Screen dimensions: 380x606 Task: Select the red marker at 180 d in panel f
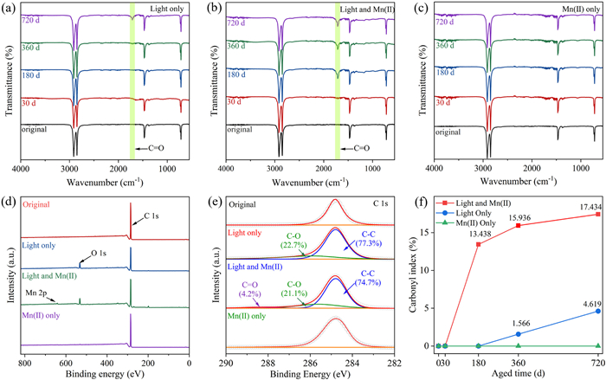478,244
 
